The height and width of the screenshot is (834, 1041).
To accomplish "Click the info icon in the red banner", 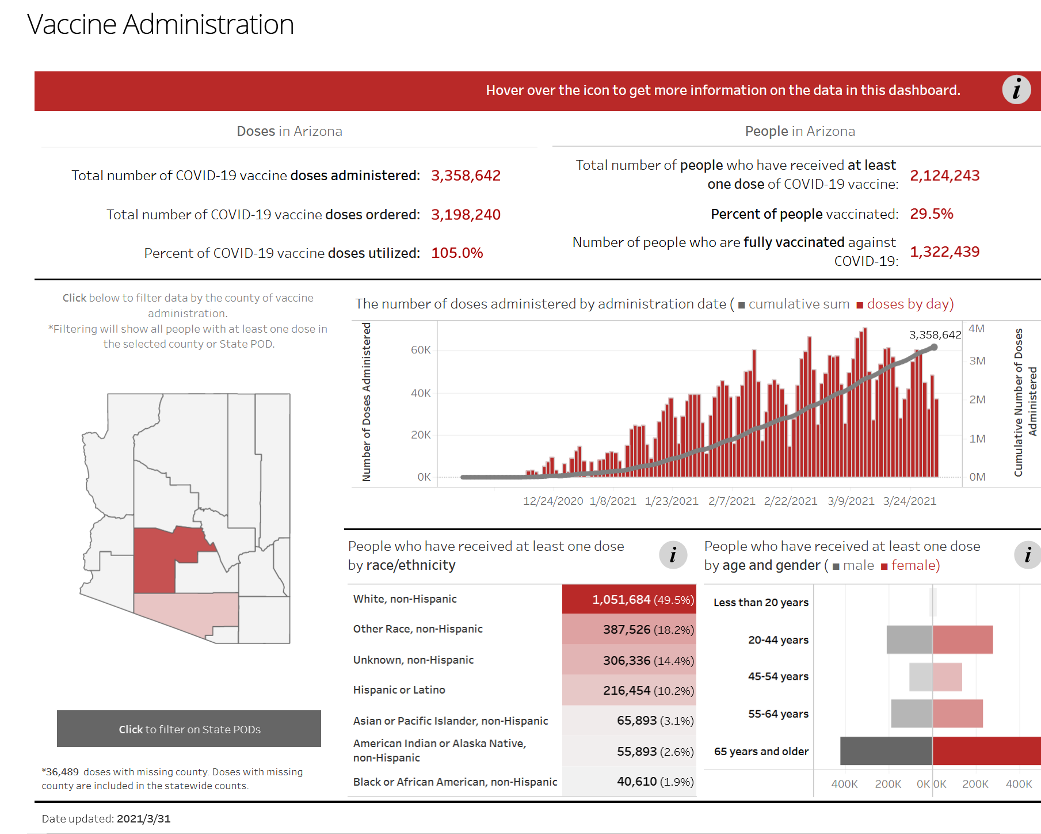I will tap(1016, 90).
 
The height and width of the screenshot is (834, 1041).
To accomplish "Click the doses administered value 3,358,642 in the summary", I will tap(466, 176).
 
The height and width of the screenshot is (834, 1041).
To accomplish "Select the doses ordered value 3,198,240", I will tap(466, 215).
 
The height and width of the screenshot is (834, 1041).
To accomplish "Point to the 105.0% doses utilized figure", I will tap(457, 253).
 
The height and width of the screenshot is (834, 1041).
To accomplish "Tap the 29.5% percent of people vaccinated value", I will tap(931, 214).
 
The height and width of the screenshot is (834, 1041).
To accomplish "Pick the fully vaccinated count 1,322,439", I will tap(944, 252).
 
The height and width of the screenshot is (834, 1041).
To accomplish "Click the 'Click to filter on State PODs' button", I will tap(189, 729).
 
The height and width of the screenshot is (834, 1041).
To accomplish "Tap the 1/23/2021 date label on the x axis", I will tap(672, 501).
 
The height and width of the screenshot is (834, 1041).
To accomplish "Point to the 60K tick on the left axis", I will tap(421, 350).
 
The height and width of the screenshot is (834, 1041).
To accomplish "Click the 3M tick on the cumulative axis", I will tap(977, 361).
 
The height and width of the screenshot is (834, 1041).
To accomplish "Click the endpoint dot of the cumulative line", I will tap(934, 347).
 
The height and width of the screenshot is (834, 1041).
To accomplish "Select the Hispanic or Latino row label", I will tap(399, 690).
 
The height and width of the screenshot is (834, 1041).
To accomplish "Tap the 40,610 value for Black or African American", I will tap(636, 782).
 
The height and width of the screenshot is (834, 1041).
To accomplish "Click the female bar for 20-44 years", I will tap(963, 639).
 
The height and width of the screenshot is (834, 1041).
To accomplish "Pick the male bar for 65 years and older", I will tap(886, 751).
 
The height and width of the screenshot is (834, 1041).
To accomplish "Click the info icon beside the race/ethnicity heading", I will tap(673, 555).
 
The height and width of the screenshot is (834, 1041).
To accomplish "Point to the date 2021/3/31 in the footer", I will tap(143, 819).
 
